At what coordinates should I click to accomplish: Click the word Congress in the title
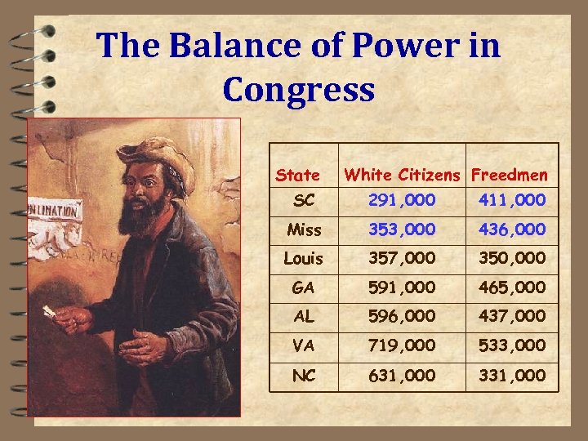(x=298, y=90)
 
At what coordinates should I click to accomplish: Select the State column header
(x=298, y=175)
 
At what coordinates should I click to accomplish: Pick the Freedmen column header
(x=510, y=174)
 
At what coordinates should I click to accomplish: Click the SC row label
(x=304, y=200)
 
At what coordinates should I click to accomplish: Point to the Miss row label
(x=304, y=230)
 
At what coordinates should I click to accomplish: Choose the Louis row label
(x=304, y=259)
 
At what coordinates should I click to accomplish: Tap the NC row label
(x=304, y=375)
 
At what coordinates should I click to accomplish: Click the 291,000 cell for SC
(x=402, y=200)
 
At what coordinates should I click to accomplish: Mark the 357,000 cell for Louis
(x=402, y=259)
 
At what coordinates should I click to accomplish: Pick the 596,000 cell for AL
(x=402, y=317)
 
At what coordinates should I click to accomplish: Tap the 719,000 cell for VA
(x=402, y=345)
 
